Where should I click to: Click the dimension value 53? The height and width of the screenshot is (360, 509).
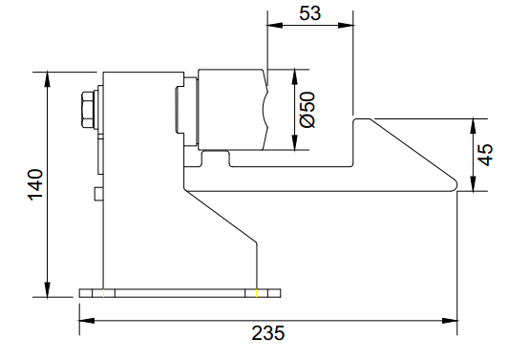click(310, 13)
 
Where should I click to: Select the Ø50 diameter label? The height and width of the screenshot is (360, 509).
click(308, 110)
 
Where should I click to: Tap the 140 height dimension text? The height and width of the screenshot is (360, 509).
click(35, 184)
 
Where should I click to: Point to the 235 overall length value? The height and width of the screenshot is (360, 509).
click(268, 332)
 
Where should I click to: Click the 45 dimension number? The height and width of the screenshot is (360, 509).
click(486, 155)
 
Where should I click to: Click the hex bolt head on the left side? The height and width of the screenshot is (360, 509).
click(88, 110)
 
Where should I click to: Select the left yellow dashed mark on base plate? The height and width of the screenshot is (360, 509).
click(103, 293)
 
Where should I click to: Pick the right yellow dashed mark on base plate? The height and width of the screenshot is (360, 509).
click(257, 293)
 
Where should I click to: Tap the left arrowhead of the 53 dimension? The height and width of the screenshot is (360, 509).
click(275, 25)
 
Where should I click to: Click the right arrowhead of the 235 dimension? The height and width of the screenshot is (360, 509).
click(450, 321)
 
